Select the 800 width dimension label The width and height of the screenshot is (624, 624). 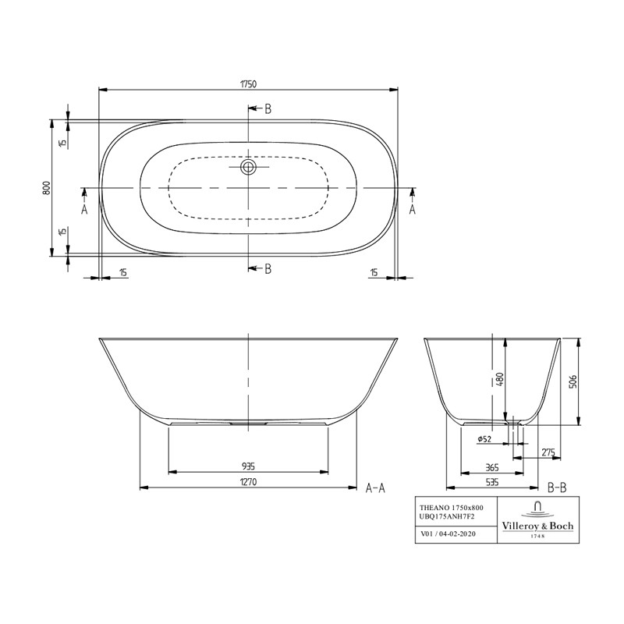click(x=47, y=187)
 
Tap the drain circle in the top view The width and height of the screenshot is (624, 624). click(x=249, y=167)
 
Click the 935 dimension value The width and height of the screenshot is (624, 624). click(x=249, y=466)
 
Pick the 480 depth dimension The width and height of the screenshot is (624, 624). click(x=500, y=380)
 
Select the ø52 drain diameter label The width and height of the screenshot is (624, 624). click(x=484, y=439)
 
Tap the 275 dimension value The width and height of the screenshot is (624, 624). click(x=548, y=452)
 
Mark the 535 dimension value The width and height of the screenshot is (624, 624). click(x=492, y=483)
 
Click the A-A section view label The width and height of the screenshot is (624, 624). click(x=376, y=488)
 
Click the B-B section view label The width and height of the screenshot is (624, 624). click(x=556, y=488)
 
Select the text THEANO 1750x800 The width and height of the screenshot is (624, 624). click(x=452, y=509)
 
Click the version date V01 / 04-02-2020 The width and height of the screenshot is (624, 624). click(x=447, y=535)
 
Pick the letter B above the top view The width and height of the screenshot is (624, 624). click(x=268, y=109)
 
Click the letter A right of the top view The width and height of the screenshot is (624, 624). click(x=413, y=209)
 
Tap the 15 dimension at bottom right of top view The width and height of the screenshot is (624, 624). click(x=374, y=272)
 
